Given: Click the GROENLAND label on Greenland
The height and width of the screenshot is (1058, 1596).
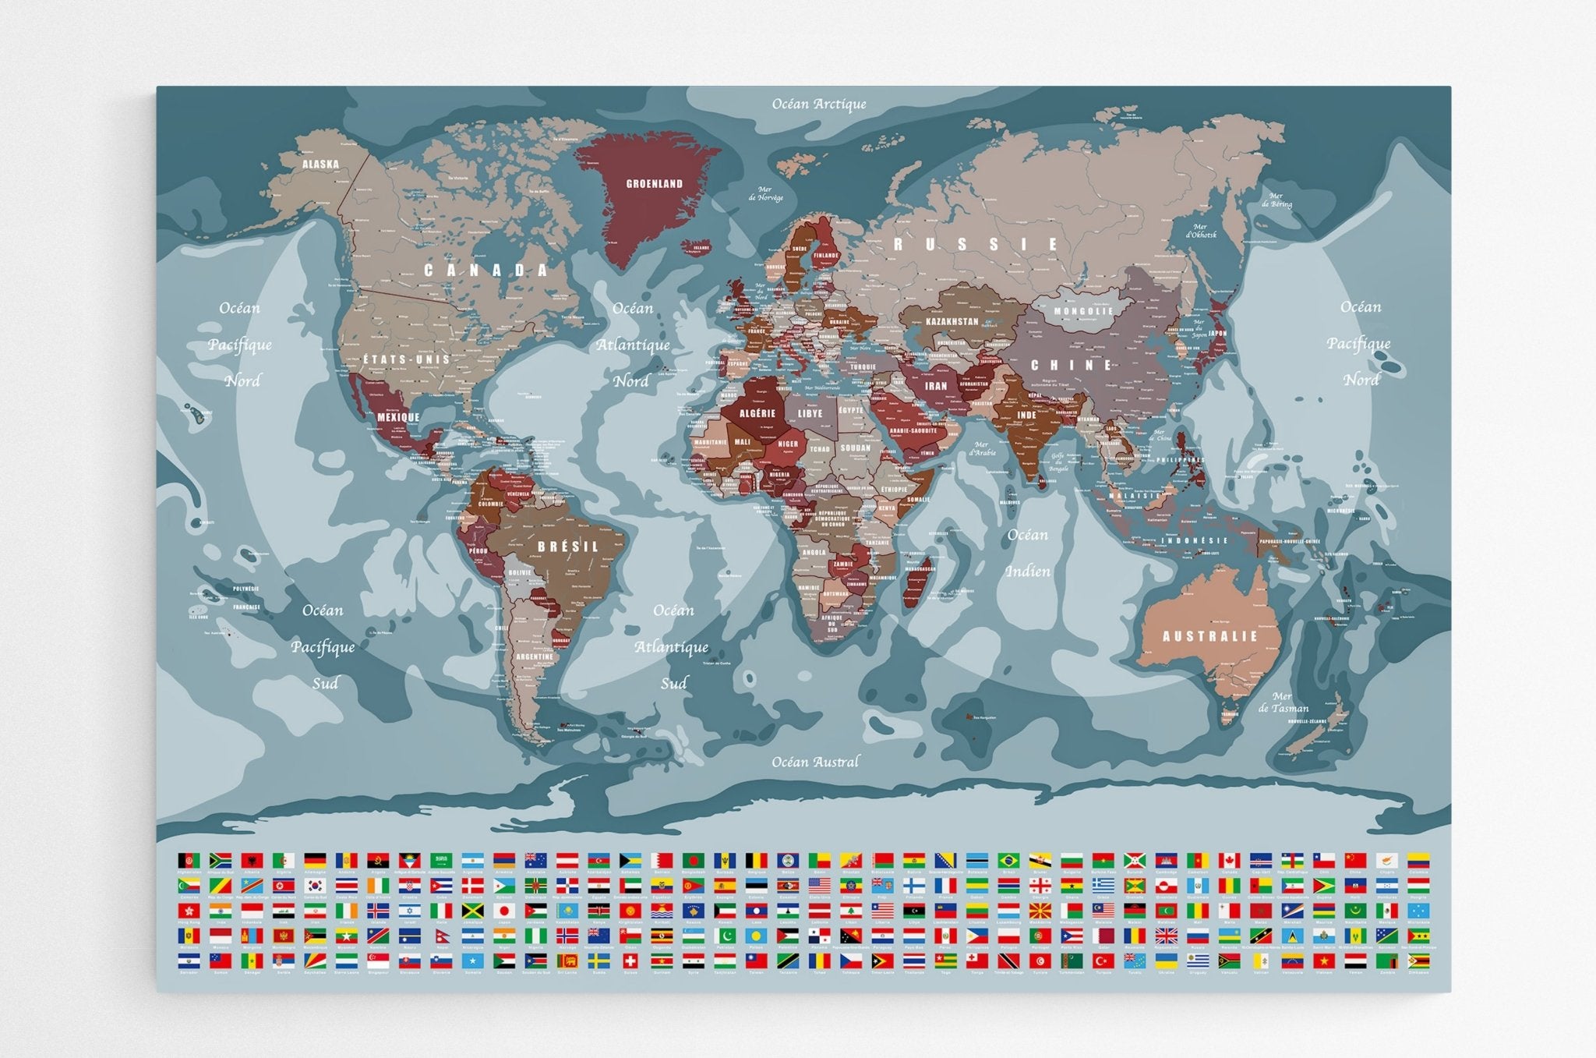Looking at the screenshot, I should [654, 184].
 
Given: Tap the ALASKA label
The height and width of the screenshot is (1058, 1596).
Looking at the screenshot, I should [320, 164].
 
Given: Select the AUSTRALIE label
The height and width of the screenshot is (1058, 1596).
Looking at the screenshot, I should [1209, 636].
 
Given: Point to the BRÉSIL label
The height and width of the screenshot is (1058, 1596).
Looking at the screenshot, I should [568, 547].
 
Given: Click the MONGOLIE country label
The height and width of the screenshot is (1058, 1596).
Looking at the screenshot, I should [1083, 310].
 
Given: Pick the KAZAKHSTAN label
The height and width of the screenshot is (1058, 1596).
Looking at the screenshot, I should [952, 321].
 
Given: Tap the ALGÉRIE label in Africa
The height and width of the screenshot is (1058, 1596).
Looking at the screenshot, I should [757, 413].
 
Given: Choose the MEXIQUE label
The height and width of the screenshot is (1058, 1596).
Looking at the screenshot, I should [398, 417].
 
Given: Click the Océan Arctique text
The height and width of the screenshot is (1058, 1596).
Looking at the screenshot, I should [818, 104].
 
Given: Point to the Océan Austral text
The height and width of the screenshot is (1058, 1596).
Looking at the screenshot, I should [815, 762].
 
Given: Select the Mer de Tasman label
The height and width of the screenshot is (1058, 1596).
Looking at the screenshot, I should [1283, 702].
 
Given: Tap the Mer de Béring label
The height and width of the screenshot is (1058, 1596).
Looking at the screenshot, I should [1276, 200].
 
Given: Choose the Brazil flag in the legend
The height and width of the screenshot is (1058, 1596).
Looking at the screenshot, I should [1008, 860].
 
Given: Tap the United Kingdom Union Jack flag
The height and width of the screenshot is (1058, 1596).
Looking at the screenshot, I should [1166, 936].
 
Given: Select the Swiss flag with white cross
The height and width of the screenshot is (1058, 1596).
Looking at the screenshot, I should [630, 961].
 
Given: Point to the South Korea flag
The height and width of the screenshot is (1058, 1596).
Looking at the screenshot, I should [314, 886].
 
